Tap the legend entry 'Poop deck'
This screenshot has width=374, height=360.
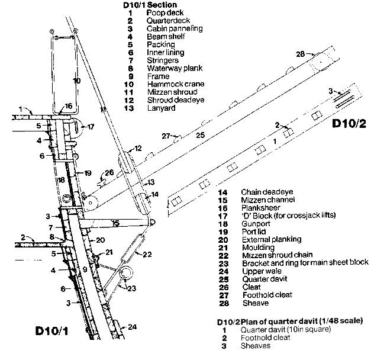pyautogui.click(x=166, y=13)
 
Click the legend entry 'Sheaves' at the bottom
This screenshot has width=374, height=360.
pyautogui.click(x=256, y=346)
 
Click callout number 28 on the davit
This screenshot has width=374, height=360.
pyautogui.click(x=300, y=54)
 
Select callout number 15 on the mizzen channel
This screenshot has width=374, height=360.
pyautogui.click(x=117, y=223)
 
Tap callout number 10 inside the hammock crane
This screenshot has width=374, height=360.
pyautogui.click(x=76, y=79)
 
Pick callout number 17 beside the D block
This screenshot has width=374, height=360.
pyautogui.click(x=91, y=126)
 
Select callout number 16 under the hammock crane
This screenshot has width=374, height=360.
pyautogui.click(x=69, y=107)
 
